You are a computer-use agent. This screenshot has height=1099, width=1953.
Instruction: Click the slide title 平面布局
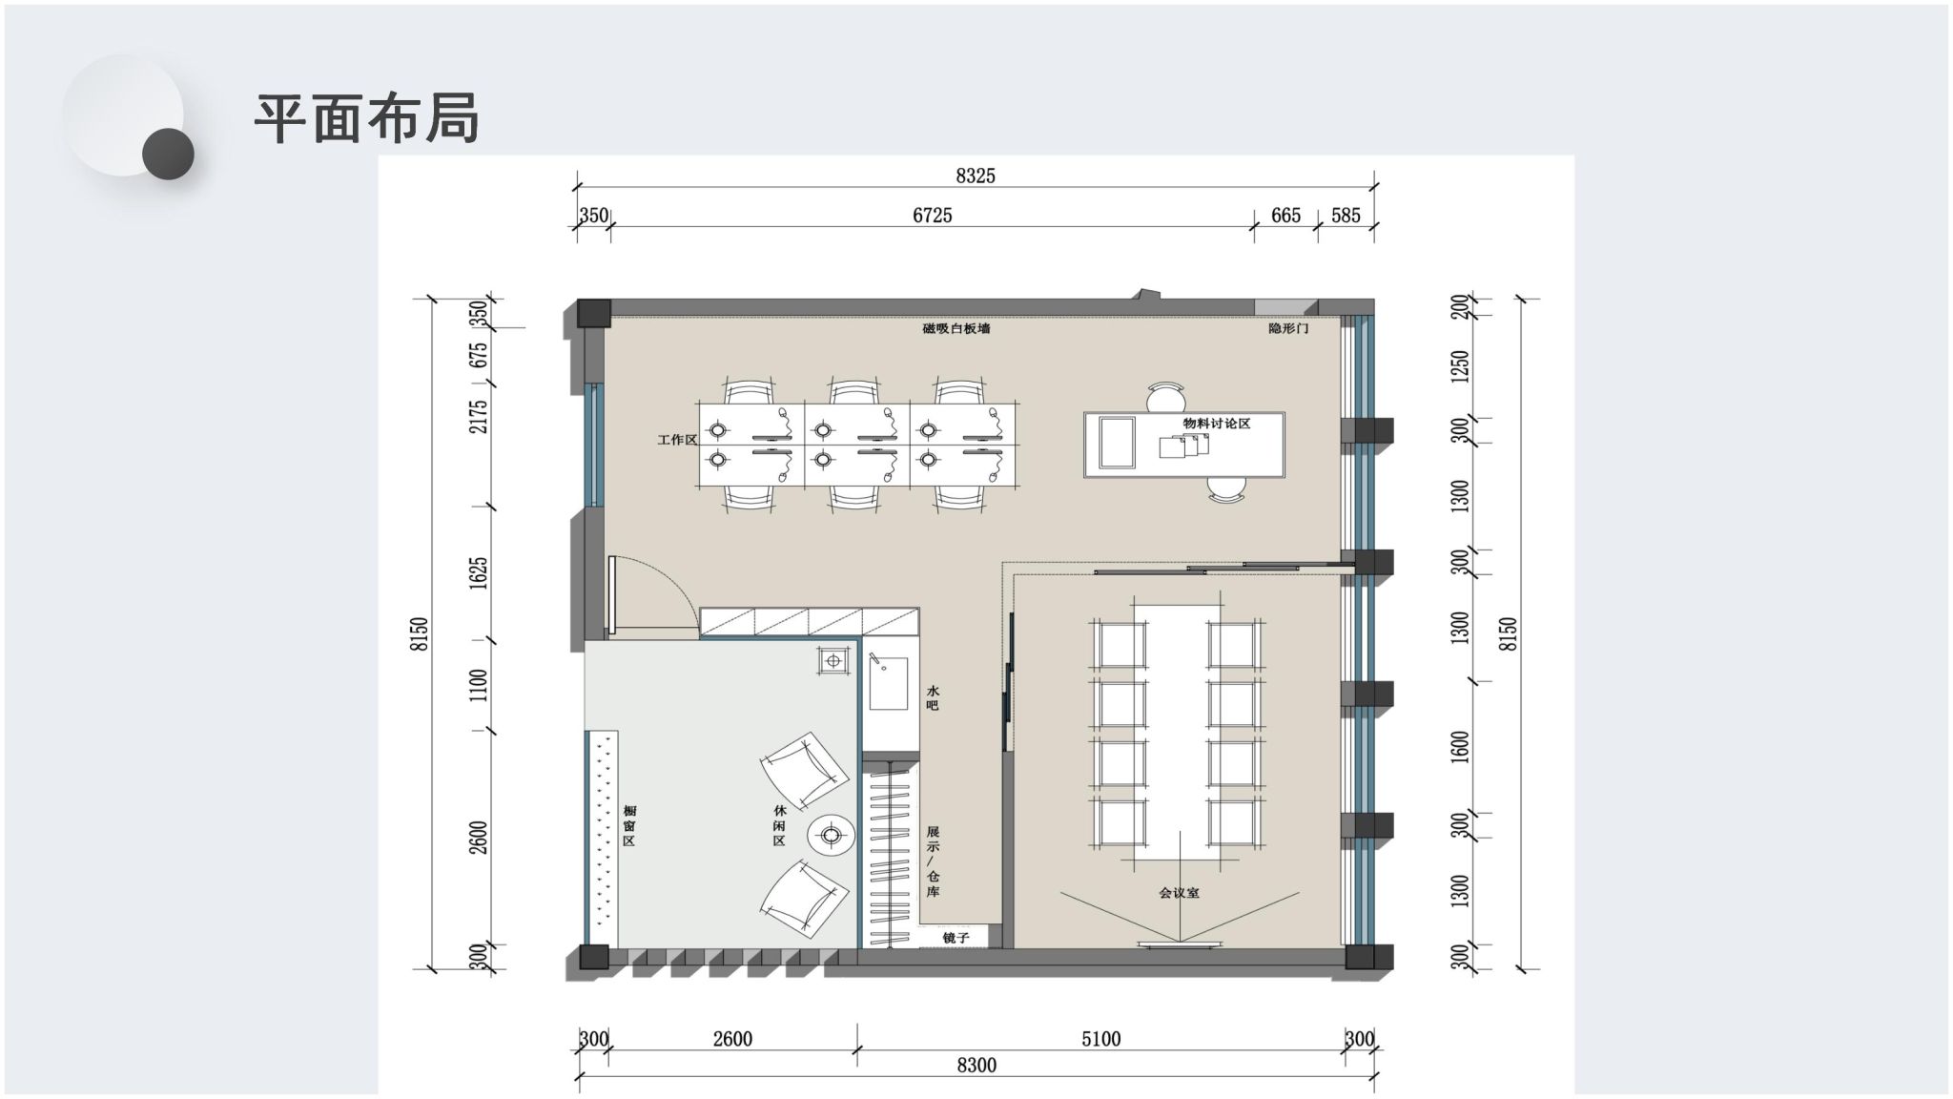(366, 118)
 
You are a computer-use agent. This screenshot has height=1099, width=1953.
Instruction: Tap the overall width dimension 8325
(975, 176)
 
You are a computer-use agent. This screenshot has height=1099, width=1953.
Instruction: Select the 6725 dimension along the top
(932, 216)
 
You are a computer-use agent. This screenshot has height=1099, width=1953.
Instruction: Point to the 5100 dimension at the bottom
(1100, 1039)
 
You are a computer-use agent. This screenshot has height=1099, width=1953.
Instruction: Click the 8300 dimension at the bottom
(976, 1066)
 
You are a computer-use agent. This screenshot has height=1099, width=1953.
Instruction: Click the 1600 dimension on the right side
(1459, 749)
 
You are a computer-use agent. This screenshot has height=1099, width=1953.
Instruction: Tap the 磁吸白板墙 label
(956, 328)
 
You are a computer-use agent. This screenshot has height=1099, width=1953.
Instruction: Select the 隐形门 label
(1288, 328)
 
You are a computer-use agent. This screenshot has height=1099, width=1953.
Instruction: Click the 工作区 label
(677, 440)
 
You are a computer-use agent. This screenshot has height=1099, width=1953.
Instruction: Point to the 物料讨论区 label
(1217, 423)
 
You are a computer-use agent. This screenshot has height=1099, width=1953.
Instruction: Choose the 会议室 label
(1180, 893)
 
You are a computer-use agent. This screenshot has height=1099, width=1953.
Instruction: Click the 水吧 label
(933, 697)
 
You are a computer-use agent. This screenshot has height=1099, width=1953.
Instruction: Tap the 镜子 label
(956, 938)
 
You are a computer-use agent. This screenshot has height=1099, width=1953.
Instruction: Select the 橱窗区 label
(628, 825)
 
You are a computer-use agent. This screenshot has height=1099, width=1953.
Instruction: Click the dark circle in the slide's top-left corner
(168, 154)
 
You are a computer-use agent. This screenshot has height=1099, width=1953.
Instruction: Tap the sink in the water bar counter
(888, 683)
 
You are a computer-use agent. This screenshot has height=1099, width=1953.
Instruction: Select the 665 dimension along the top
(1285, 216)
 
